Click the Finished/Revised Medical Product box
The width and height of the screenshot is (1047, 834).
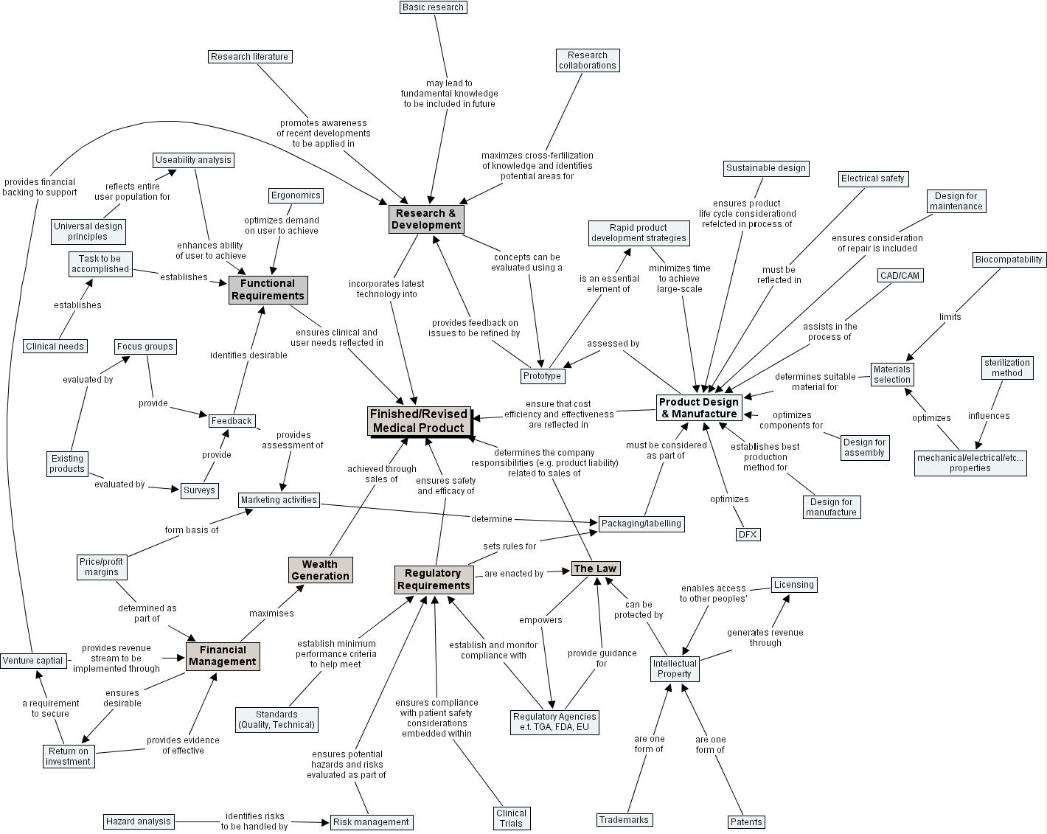[419, 421]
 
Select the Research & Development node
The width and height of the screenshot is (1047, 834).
[426, 219]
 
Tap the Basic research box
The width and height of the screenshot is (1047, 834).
[434, 7]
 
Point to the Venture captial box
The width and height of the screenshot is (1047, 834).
[32, 661]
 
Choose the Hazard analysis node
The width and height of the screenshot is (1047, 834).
[138, 821]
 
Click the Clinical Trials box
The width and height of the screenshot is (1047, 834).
[511, 819]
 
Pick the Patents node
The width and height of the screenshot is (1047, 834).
[746, 822]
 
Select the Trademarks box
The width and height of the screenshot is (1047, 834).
[624, 820]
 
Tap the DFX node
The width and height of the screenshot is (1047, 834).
[748, 535]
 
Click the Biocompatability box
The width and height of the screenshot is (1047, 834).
[1009, 260]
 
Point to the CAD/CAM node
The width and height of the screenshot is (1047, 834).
[900, 276]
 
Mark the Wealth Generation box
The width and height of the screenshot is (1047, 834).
[320, 570]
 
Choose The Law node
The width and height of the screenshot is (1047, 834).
[595, 569]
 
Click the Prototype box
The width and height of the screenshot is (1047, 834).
[542, 376]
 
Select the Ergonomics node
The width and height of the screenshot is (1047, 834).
[296, 195]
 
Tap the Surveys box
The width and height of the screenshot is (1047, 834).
[199, 490]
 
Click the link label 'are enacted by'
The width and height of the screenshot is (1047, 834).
[514, 574]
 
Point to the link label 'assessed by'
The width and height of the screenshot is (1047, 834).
[613, 344]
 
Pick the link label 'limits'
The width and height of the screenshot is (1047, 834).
[950, 317]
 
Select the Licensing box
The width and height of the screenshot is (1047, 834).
[794, 585]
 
